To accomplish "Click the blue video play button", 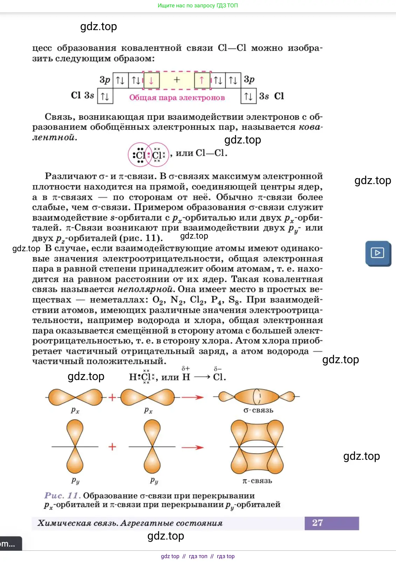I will click(378, 253).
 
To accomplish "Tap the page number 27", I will click(317, 523).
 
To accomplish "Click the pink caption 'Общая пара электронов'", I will click(177, 98).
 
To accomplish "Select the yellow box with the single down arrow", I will click(151, 80).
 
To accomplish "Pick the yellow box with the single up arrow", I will click(202, 80).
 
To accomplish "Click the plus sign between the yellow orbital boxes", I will click(177, 80).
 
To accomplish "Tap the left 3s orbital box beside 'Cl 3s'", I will click(105, 96).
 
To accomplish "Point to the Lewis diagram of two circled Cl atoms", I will click(149, 155).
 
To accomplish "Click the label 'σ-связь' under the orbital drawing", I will click(258, 410).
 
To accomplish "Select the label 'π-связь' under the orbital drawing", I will click(257, 481).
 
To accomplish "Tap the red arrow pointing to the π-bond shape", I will click(192, 447).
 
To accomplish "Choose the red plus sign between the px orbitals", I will click(112, 397).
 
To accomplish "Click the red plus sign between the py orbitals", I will click(112, 447).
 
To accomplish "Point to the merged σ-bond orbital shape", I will click(257, 397).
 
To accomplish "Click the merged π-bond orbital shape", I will click(257, 447).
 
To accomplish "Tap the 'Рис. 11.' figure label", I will click(62, 495).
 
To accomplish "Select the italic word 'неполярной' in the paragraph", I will click(146, 289).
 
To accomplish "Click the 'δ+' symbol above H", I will click(186, 368).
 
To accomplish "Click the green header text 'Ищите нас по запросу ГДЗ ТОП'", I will click(198, 6).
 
